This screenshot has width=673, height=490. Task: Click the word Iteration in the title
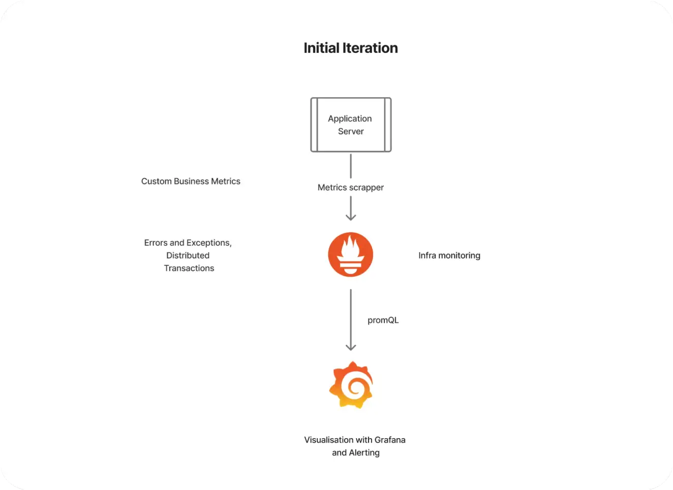click(371, 48)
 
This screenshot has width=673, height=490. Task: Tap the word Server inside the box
click(351, 131)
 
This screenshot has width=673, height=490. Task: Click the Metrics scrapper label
click(350, 187)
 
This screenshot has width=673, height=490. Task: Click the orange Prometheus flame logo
click(351, 254)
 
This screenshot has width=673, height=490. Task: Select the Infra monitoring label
click(449, 255)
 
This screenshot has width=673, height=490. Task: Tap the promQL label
click(383, 320)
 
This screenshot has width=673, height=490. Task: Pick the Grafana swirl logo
click(351, 385)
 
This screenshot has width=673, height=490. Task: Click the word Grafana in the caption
click(390, 440)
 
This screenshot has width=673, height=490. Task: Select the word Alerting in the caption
click(364, 452)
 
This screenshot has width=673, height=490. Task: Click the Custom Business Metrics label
click(191, 181)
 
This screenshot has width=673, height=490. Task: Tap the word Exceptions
click(209, 242)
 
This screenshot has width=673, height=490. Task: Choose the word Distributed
click(188, 255)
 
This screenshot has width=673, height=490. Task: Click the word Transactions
click(189, 268)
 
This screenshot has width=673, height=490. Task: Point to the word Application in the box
click(350, 118)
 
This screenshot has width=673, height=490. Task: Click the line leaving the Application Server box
click(351, 166)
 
